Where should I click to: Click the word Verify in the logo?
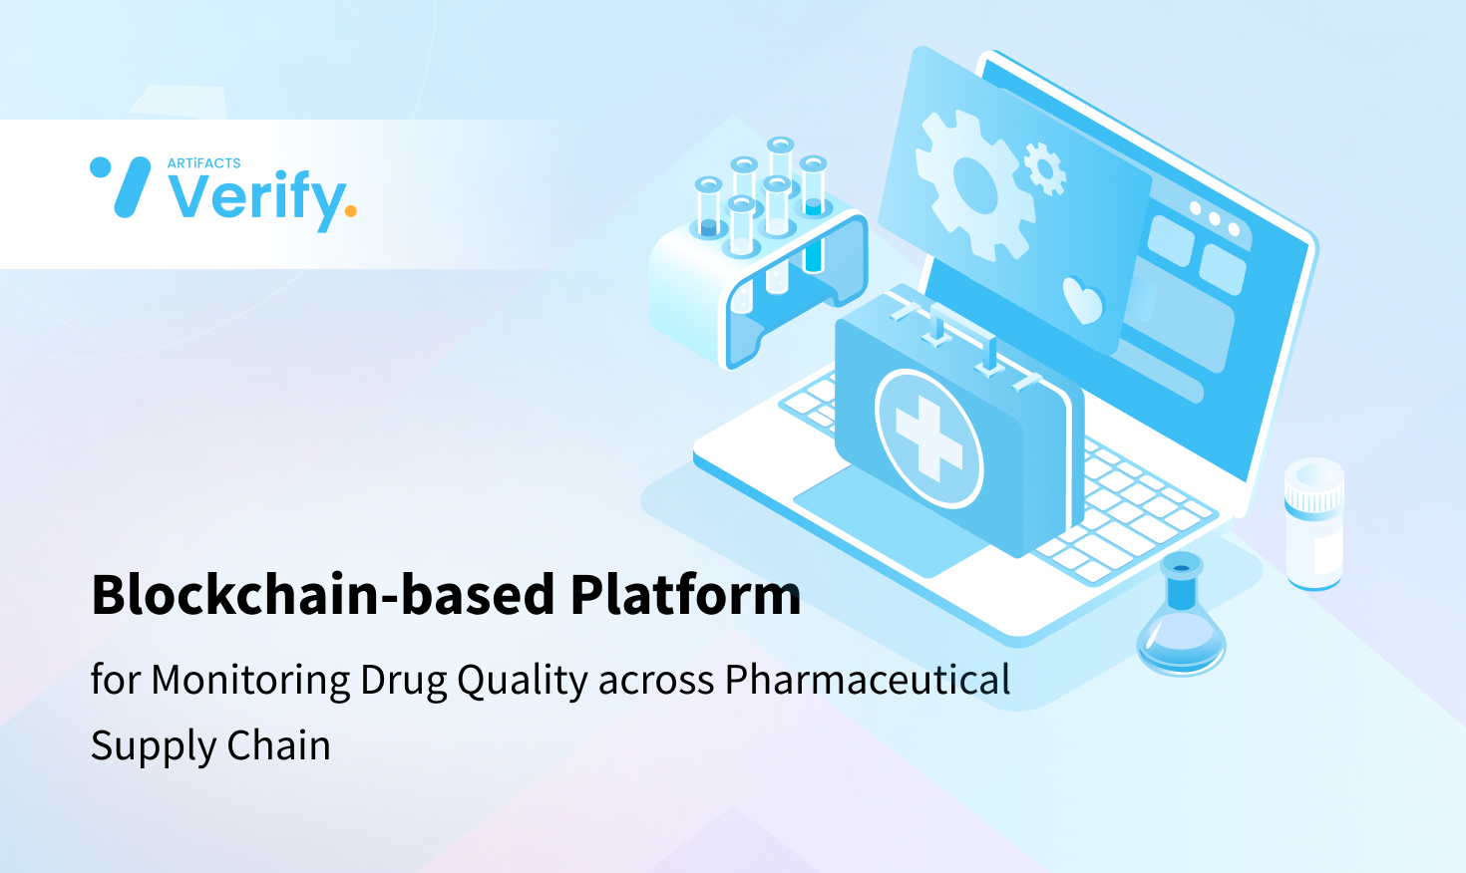click(256, 197)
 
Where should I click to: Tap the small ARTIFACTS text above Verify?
click(203, 163)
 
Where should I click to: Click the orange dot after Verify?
click(350, 210)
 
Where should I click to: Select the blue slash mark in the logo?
click(132, 187)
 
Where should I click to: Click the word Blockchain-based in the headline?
click(322, 595)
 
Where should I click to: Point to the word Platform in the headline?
click(685, 595)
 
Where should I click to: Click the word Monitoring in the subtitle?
click(250, 681)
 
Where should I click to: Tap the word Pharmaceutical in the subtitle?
click(867, 681)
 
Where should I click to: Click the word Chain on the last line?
click(278, 745)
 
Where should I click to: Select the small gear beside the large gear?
click(1044, 167)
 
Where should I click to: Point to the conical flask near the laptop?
click(1182, 623)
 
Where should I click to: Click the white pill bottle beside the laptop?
click(1313, 524)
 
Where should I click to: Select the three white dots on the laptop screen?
click(1214, 218)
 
